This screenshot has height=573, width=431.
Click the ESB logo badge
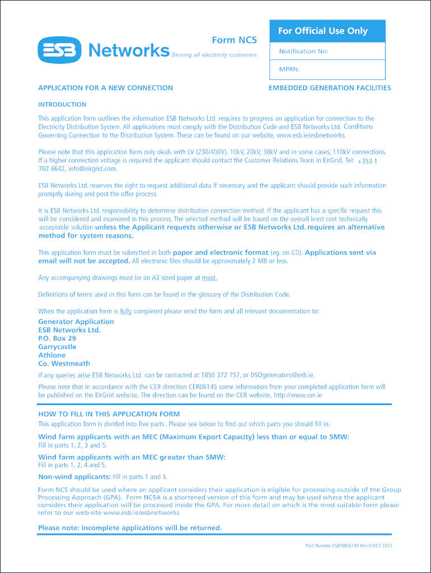pyautogui.click(x=59, y=50)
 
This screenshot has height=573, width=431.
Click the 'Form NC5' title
pyautogui.click(x=234, y=40)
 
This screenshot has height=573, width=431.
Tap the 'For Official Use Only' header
pyautogui.click(x=323, y=31)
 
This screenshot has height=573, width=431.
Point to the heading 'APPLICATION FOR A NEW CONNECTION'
pyautogui.click(x=105, y=88)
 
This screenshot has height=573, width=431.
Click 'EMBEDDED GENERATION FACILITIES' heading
pyautogui.click(x=330, y=88)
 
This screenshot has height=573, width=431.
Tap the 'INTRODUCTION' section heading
pyautogui.click(x=62, y=105)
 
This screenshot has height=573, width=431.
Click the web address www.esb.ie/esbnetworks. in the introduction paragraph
pyautogui.click(x=311, y=135)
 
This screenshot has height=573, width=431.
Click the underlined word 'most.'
pyautogui.click(x=209, y=278)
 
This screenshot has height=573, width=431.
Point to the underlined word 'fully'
pyautogui.click(x=125, y=311)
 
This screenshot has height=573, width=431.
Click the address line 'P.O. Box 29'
pyautogui.click(x=57, y=339)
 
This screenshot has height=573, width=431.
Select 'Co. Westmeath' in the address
pyautogui.click(x=64, y=364)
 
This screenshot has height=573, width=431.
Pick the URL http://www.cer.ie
pyautogui.click(x=297, y=395)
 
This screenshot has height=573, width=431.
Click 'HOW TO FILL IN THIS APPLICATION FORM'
pyautogui.click(x=109, y=414)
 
